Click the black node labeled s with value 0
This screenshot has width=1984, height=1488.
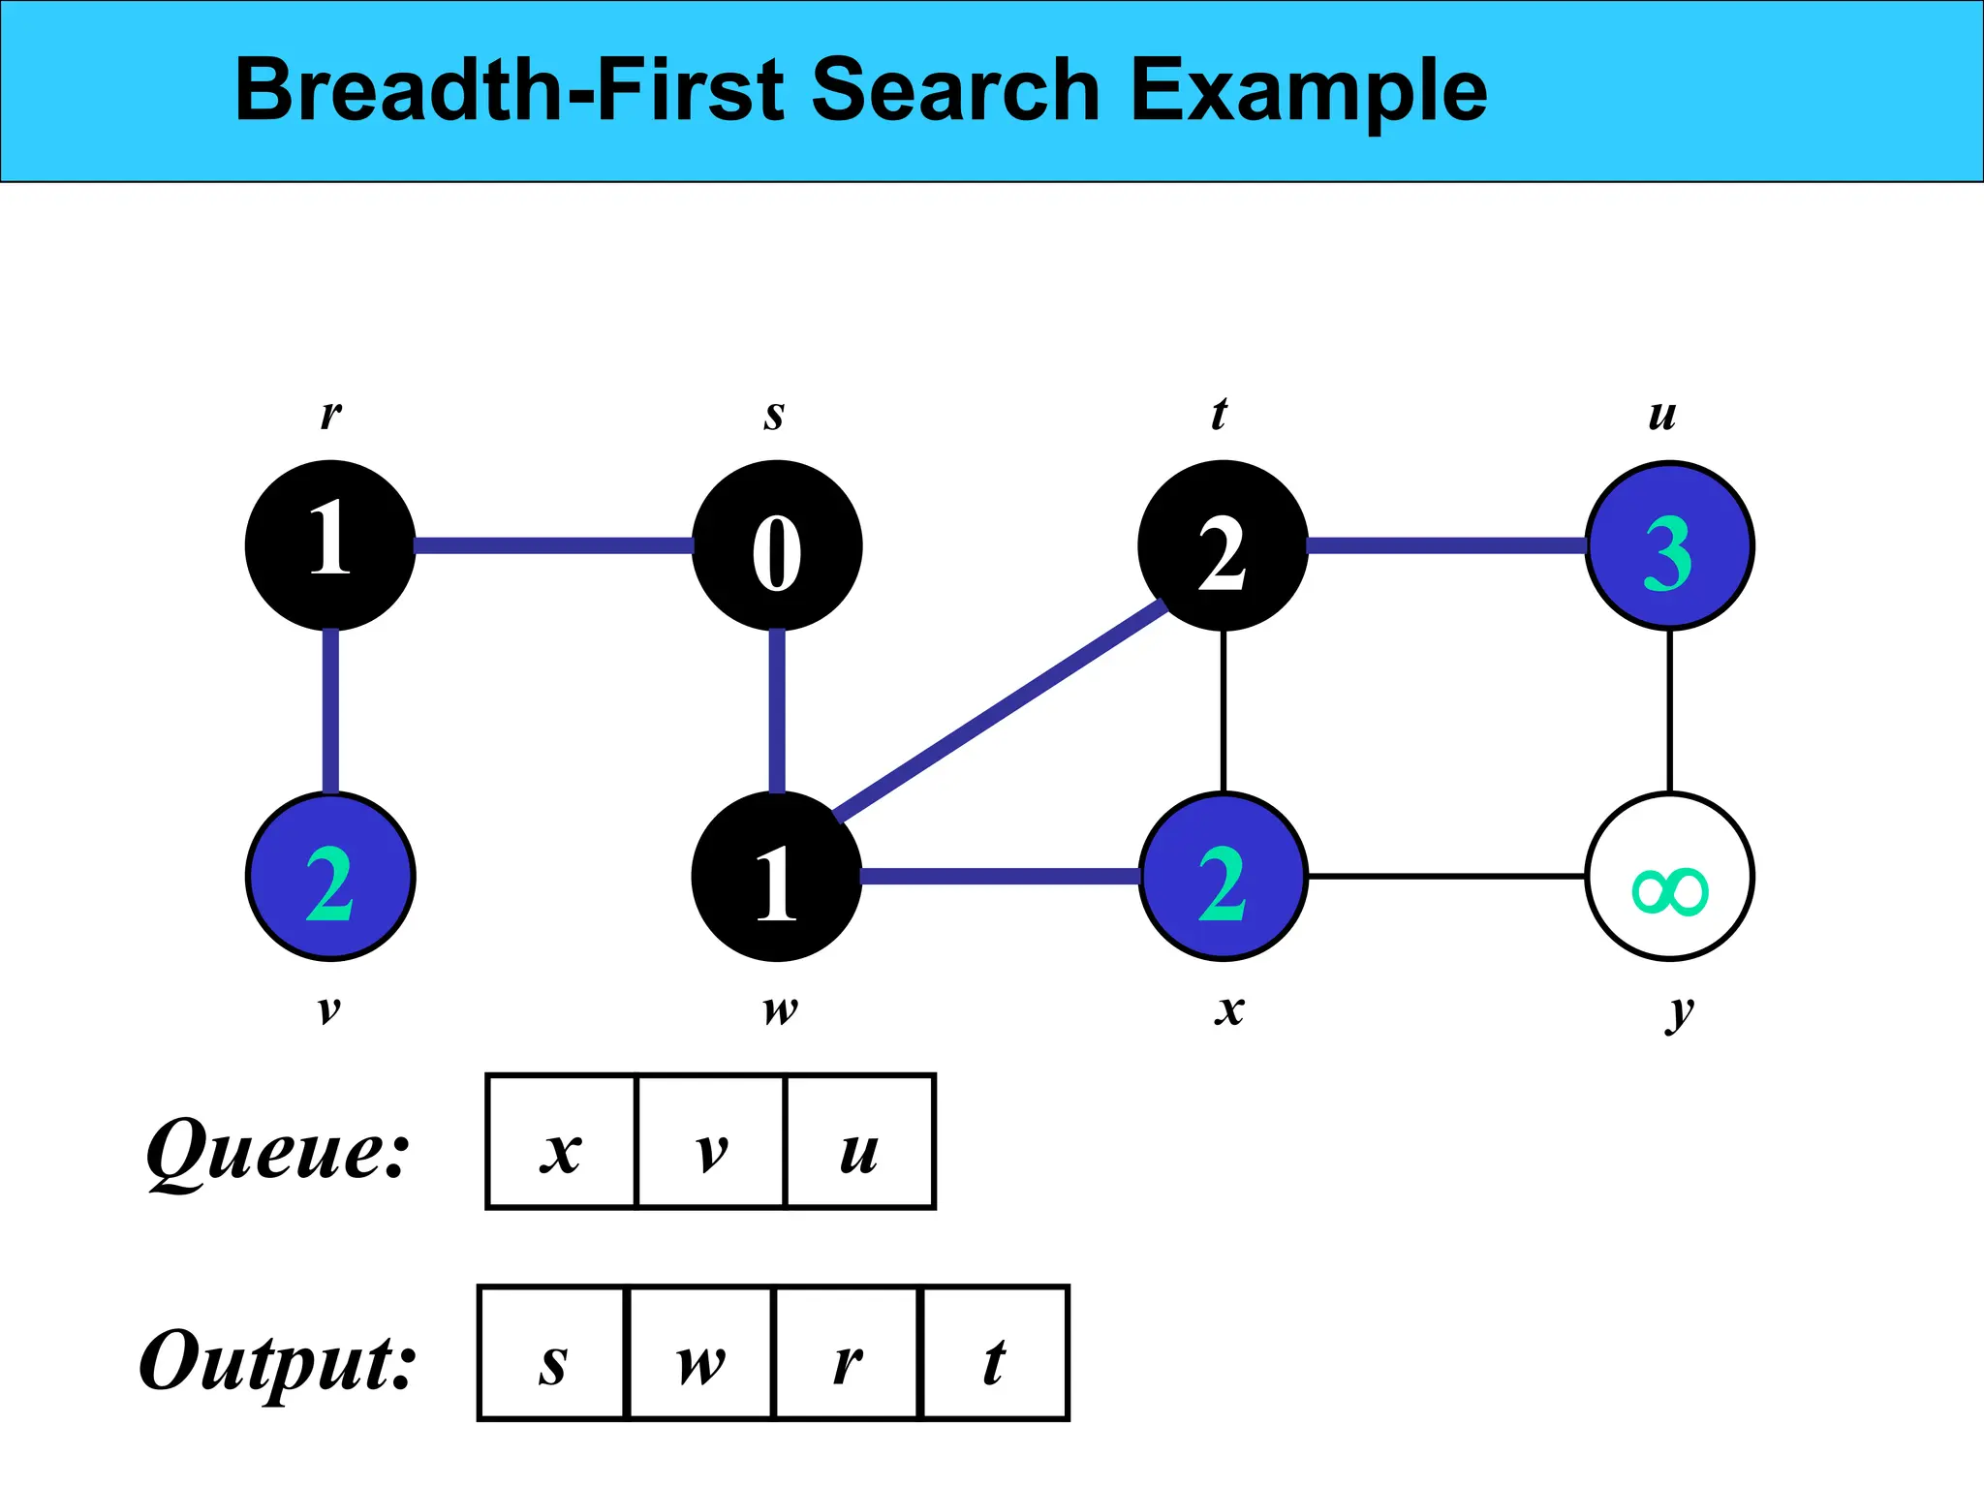(777, 545)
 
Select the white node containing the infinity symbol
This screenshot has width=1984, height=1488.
(1669, 877)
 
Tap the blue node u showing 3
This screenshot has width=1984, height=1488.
(1669, 545)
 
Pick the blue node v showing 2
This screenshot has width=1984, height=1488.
(330, 877)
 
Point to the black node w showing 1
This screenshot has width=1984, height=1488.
(777, 877)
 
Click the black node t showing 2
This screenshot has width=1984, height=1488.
(1223, 545)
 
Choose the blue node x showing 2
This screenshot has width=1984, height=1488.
(1223, 877)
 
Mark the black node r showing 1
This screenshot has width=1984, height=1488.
(330, 545)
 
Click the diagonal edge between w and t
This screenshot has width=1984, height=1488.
(1000, 711)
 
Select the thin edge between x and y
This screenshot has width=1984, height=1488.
(1445, 877)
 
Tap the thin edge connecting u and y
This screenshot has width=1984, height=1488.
(1669, 711)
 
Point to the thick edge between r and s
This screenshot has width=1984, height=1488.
(553, 545)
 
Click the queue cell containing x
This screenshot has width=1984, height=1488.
(561, 1141)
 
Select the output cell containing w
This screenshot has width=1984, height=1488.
(701, 1353)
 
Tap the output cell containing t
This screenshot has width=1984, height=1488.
(995, 1353)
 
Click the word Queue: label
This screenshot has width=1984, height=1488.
(278, 1150)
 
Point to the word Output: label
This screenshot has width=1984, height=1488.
(278, 1361)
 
